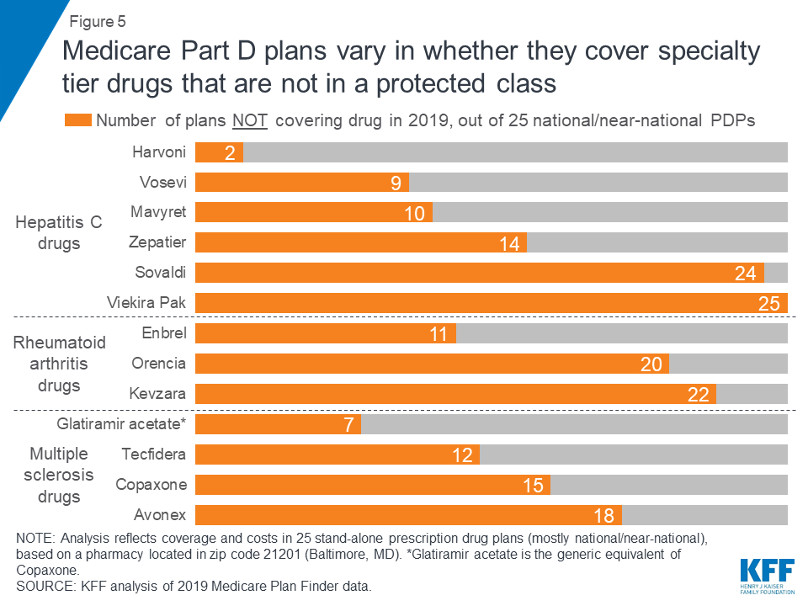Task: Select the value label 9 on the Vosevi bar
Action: pyautogui.click(x=395, y=183)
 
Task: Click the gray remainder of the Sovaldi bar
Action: pyautogui.click(x=776, y=273)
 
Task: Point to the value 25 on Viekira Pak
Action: pyautogui.click(x=769, y=304)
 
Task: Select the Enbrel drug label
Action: pyautogui.click(x=165, y=333)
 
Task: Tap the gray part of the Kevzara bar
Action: pyautogui.click(x=752, y=394)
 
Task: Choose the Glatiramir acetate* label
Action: pyautogui.click(x=121, y=424)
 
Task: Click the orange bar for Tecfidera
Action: pyautogui.click(x=337, y=454)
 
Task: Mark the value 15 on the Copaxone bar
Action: pyautogui.click(x=532, y=486)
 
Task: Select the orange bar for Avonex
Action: pyautogui.click(x=408, y=515)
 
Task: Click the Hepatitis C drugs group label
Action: pyautogui.click(x=59, y=233)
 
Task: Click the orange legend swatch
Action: pyautogui.click(x=78, y=120)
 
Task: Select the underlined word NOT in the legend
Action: pyautogui.click(x=250, y=120)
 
